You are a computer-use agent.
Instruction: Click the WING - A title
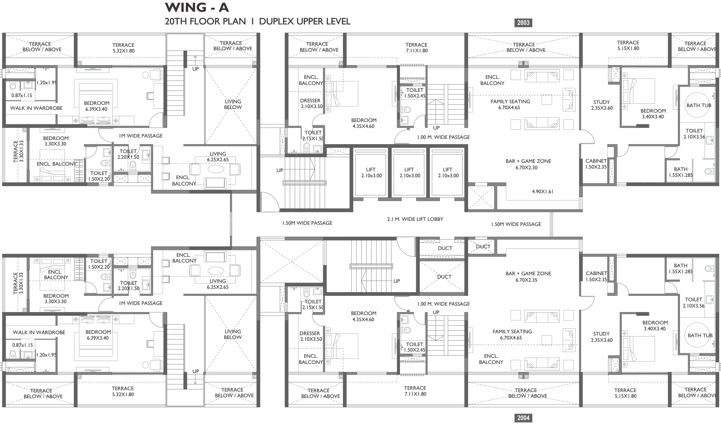point(197,8)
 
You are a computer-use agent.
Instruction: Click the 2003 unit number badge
point(523,23)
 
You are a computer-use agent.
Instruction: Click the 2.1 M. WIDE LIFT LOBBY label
point(415,219)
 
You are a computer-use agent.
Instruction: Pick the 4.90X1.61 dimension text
point(543,192)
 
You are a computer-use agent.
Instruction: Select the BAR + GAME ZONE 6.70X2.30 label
point(528,164)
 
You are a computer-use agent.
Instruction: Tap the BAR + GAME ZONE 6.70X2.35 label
point(528,276)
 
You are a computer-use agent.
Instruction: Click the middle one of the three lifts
point(409,172)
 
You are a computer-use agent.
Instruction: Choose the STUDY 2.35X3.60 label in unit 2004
point(602,337)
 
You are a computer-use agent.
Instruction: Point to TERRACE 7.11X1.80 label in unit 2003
point(416,48)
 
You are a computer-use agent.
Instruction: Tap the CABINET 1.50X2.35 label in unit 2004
point(596,276)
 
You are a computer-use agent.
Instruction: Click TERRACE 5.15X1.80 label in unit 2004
point(625,393)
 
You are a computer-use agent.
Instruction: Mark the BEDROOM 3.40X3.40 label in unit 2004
point(655,326)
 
